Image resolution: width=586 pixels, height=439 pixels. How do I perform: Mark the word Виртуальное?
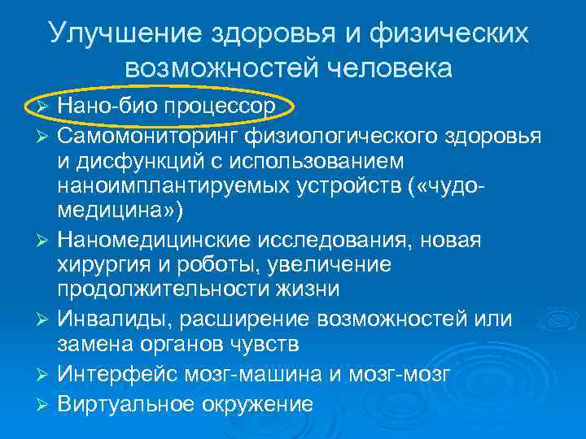click(122, 401)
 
